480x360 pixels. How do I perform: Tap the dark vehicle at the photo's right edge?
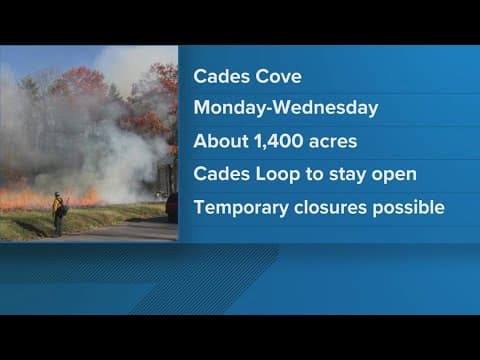pos(172,206)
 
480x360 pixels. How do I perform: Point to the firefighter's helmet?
pos(57,195)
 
